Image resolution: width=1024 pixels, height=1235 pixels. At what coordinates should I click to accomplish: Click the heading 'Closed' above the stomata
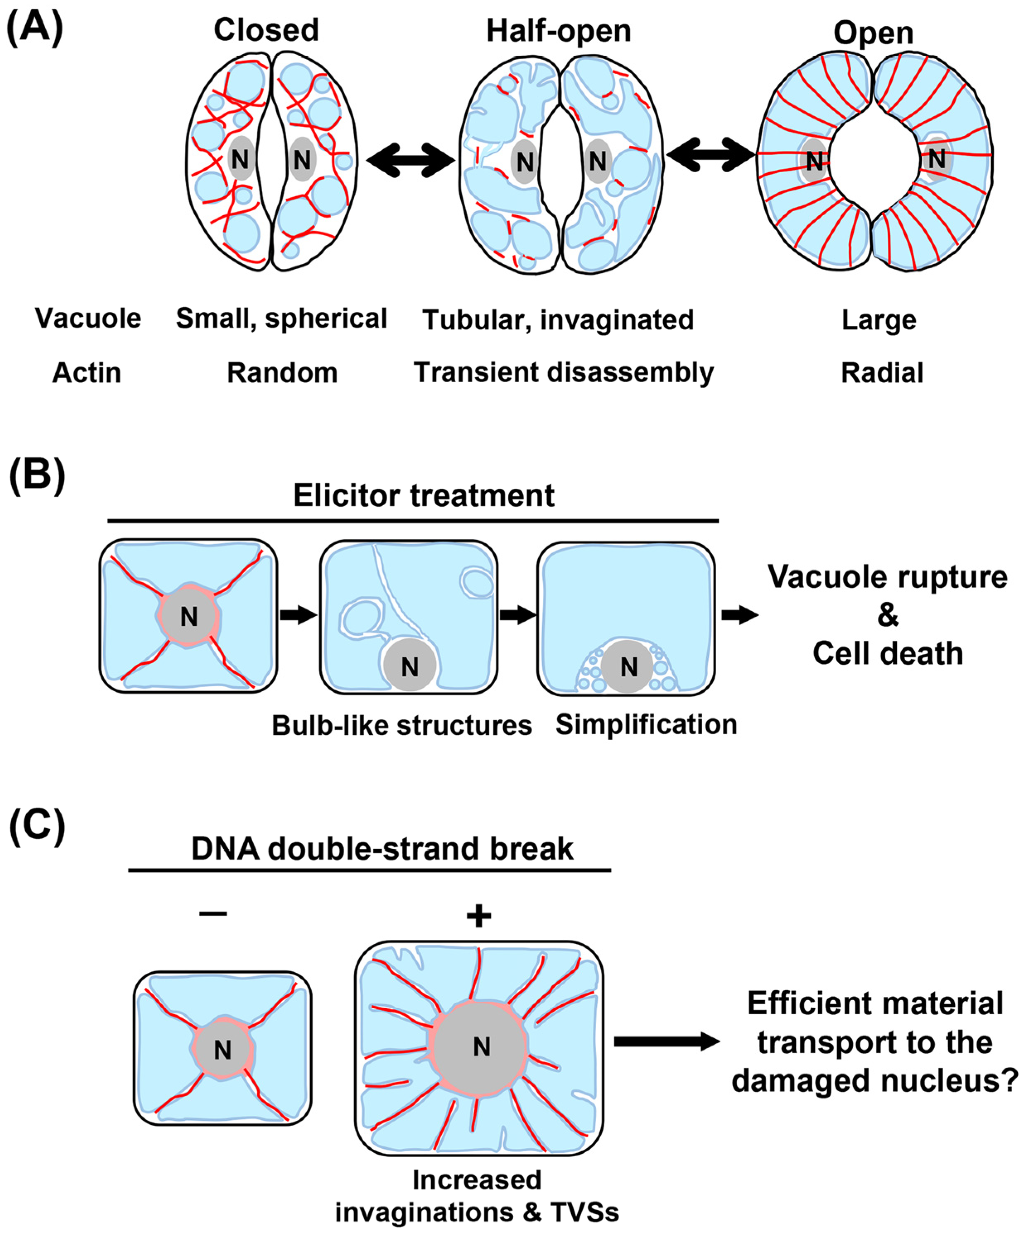(x=266, y=29)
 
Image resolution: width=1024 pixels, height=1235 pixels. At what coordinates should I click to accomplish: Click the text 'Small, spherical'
(x=281, y=319)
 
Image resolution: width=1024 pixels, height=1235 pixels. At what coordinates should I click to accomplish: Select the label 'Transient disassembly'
(x=563, y=373)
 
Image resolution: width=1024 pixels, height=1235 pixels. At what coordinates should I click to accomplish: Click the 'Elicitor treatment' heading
(x=423, y=496)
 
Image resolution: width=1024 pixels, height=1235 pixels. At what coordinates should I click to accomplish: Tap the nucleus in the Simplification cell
(x=628, y=666)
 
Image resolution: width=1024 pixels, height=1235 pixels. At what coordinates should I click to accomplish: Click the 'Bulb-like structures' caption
(x=402, y=726)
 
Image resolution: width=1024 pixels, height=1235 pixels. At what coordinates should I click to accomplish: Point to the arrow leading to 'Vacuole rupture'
(x=740, y=615)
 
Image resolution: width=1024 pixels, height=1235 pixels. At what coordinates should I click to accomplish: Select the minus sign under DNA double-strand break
(x=213, y=913)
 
